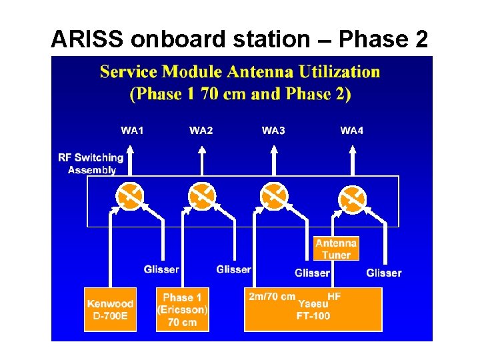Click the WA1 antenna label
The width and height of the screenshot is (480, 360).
tap(132, 130)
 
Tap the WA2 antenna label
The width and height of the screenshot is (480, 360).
tap(201, 130)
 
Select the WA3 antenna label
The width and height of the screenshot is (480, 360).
tap(273, 130)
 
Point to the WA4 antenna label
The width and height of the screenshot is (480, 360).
tap(352, 130)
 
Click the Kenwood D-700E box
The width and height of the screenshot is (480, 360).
tap(110, 309)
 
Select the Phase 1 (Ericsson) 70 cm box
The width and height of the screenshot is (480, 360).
tap(182, 309)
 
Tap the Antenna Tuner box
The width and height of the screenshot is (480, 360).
tap(336, 249)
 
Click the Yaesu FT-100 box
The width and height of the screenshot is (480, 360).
tap(313, 309)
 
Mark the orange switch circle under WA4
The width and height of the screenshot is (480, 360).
tap(352, 198)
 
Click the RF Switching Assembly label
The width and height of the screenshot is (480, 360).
tap(91, 163)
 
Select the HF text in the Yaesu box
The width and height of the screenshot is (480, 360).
tap(334, 296)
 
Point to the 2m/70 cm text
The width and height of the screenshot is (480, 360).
tap(272, 296)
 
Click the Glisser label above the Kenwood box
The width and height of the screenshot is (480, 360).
tap(161, 269)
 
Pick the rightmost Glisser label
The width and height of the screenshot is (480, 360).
tap(384, 273)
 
